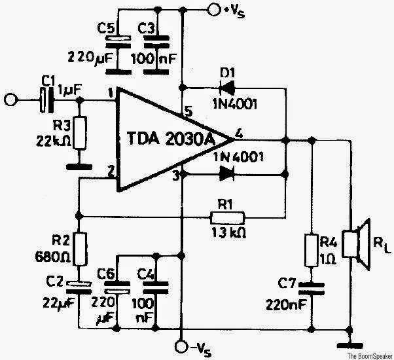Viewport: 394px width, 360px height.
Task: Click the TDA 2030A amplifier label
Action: tap(173, 139)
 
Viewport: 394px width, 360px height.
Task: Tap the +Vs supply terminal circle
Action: tap(213, 9)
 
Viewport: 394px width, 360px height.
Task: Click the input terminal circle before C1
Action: tap(9, 101)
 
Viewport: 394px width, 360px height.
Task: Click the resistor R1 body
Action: tap(228, 217)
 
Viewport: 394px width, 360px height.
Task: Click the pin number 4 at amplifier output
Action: tap(239, 134)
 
